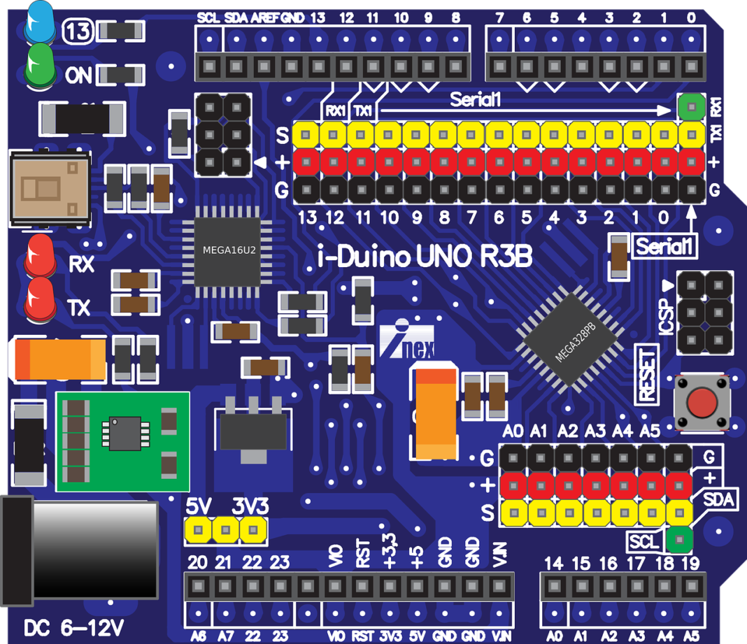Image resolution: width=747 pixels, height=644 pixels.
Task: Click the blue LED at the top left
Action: (x=40, y=22)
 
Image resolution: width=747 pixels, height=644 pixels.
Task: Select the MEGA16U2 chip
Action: (x=229, y=250)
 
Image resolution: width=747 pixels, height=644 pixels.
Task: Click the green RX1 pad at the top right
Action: (x=692, y=107)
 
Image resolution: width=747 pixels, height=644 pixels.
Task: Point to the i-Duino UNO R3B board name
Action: (x=425, y=257)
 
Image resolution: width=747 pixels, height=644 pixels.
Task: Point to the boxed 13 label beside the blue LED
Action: (x=78, y=30)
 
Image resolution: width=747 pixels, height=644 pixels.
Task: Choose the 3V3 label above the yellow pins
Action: (x=250, y=506)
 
